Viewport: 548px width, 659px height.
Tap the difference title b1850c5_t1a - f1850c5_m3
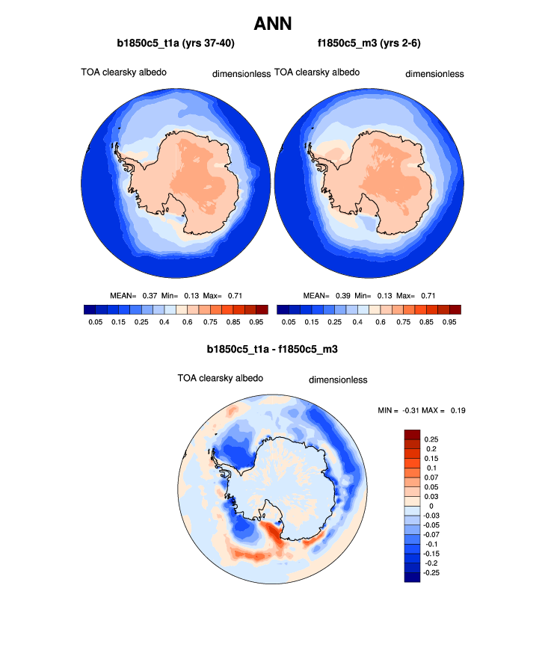pyautogui.click(x=273, y=349)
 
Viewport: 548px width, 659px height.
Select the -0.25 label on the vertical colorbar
pyautogui.click(x=433, y=573)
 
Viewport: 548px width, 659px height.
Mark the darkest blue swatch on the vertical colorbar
pyautogui.click(x=412, y=576)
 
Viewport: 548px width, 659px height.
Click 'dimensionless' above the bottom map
pyautogui.click(x=338, y=380)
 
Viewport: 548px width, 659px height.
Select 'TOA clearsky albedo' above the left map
pyautogui.click(x=123, y=72)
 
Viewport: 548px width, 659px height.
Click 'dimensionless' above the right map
pyautogui.click(x=434, y=74)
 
